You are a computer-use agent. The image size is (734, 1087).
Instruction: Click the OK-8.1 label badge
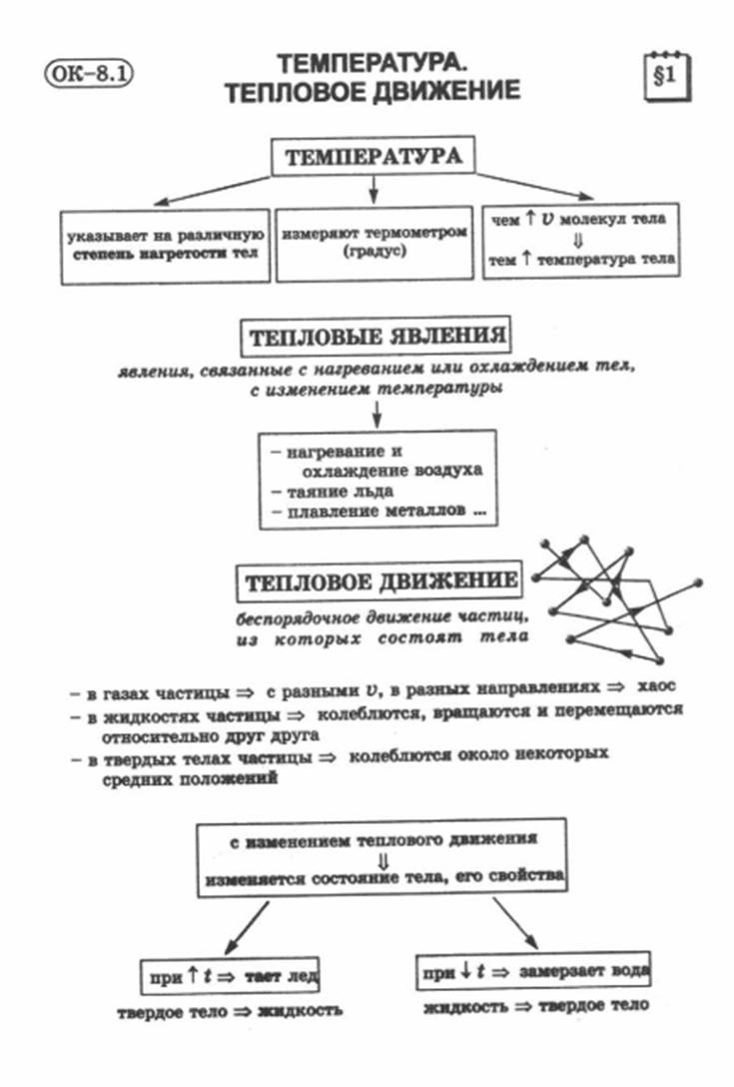tap(89, 73)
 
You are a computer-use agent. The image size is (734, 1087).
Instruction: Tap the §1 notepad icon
tap(667, 76)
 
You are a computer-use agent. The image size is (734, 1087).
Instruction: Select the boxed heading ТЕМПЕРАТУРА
tap(372, 156)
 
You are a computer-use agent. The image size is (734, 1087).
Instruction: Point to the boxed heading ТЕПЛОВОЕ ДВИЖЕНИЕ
tap(379, 580)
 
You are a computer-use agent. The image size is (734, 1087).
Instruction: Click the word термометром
tap(415, 233)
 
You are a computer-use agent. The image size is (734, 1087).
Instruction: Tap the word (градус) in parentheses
tap(374, 251)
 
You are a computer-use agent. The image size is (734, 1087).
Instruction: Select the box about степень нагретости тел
tap(165, 246)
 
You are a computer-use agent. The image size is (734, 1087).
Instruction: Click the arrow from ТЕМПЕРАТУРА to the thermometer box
tap(373, 189)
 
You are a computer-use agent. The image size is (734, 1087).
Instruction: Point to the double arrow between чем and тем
tap(579, 240)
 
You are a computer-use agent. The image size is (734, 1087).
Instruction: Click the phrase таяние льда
tap(341, 492)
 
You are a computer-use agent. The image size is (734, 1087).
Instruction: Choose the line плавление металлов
tap(378, 511)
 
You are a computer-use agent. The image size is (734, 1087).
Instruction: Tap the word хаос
tap(656, 686)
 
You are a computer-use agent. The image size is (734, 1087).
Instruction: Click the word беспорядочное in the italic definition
tap(297, 617)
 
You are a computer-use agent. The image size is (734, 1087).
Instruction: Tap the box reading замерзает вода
tap(533, 971)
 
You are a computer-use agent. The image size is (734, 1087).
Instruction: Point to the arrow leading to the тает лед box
tap(247, 928)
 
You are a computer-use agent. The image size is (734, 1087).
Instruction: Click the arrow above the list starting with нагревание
tap(376, 414)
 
